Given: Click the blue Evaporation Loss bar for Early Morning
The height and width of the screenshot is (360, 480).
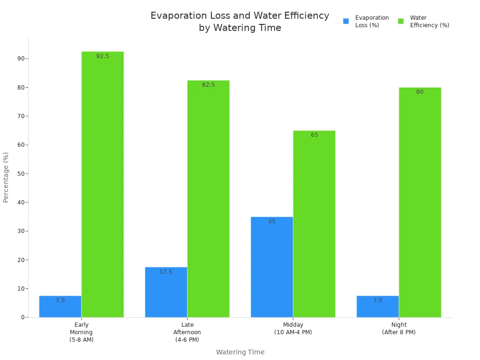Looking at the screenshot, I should [60, 307].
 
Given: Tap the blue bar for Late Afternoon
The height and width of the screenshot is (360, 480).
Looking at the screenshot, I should [166, 292].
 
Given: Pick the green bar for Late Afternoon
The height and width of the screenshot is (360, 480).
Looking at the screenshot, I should [208, 199].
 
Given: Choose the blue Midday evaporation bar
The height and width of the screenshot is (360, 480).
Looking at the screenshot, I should [272, 267].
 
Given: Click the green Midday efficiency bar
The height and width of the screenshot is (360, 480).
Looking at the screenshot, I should [314, 224].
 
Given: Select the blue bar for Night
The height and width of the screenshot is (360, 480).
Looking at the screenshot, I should [377, 307].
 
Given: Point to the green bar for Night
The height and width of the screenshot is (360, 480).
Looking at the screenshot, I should [420, 202].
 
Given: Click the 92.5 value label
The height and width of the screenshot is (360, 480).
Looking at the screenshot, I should [102, 56].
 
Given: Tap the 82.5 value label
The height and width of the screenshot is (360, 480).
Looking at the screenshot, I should [208, 85].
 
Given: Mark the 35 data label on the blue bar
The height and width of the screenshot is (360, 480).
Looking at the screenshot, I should [272, 221].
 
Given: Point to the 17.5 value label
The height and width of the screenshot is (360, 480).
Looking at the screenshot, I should [166, 272].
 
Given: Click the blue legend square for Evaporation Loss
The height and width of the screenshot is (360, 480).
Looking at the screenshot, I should [346, 21].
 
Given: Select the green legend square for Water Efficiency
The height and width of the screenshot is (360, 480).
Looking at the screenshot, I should [401, 21].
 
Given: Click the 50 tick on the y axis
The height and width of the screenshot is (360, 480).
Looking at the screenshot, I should [21, 173].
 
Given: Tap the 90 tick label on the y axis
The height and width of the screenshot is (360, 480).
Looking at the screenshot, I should [21, 59].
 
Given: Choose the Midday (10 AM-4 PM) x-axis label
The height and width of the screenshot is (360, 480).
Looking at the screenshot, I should [293, 329].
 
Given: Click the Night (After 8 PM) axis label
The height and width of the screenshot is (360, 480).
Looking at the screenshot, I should [399, 329].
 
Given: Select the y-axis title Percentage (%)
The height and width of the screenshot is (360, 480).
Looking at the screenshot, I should [6, 177].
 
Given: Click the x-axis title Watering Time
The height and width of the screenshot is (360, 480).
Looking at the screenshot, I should [240, 352].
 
